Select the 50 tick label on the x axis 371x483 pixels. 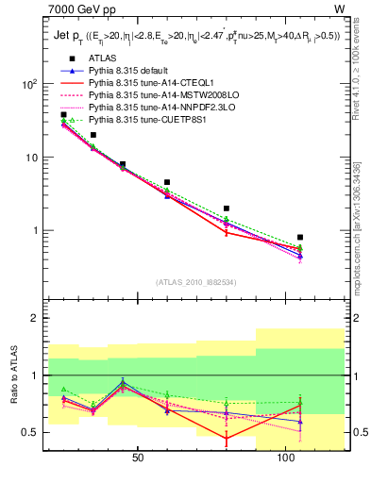tap(138, 459)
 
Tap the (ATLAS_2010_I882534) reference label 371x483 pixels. tap(195, 282)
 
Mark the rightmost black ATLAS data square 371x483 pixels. tap(300, 238)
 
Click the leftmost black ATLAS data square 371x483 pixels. tap(64, 115)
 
